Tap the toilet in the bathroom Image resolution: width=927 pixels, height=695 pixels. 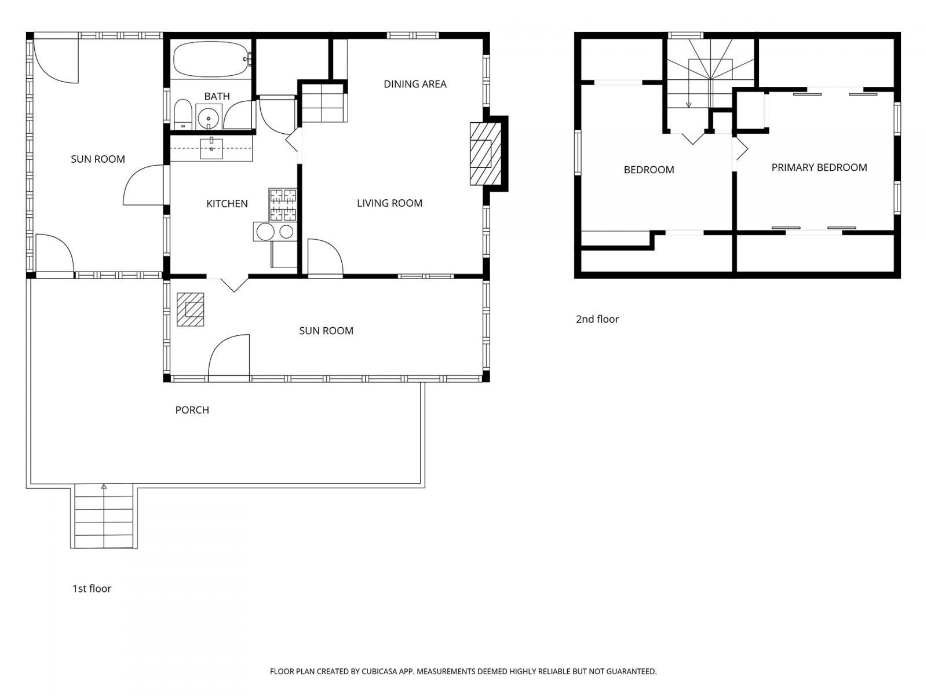pos(183,115)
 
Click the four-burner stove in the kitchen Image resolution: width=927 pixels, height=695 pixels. pos(283,205)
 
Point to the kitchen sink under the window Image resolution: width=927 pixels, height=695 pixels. pos(211,149)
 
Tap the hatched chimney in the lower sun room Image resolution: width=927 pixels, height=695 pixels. pos(190,309)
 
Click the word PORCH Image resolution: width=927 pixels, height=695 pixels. pos(192,410)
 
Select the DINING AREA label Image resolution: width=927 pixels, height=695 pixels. pos(415,84)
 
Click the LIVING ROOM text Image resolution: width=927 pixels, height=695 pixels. pos(389,203)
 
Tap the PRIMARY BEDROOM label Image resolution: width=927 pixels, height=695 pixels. pos(819,167)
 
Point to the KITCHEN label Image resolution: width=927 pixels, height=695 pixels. pos(227,203)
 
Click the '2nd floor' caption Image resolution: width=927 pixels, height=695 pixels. pos(597,319)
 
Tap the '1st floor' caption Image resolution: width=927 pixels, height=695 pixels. pos(92,588)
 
